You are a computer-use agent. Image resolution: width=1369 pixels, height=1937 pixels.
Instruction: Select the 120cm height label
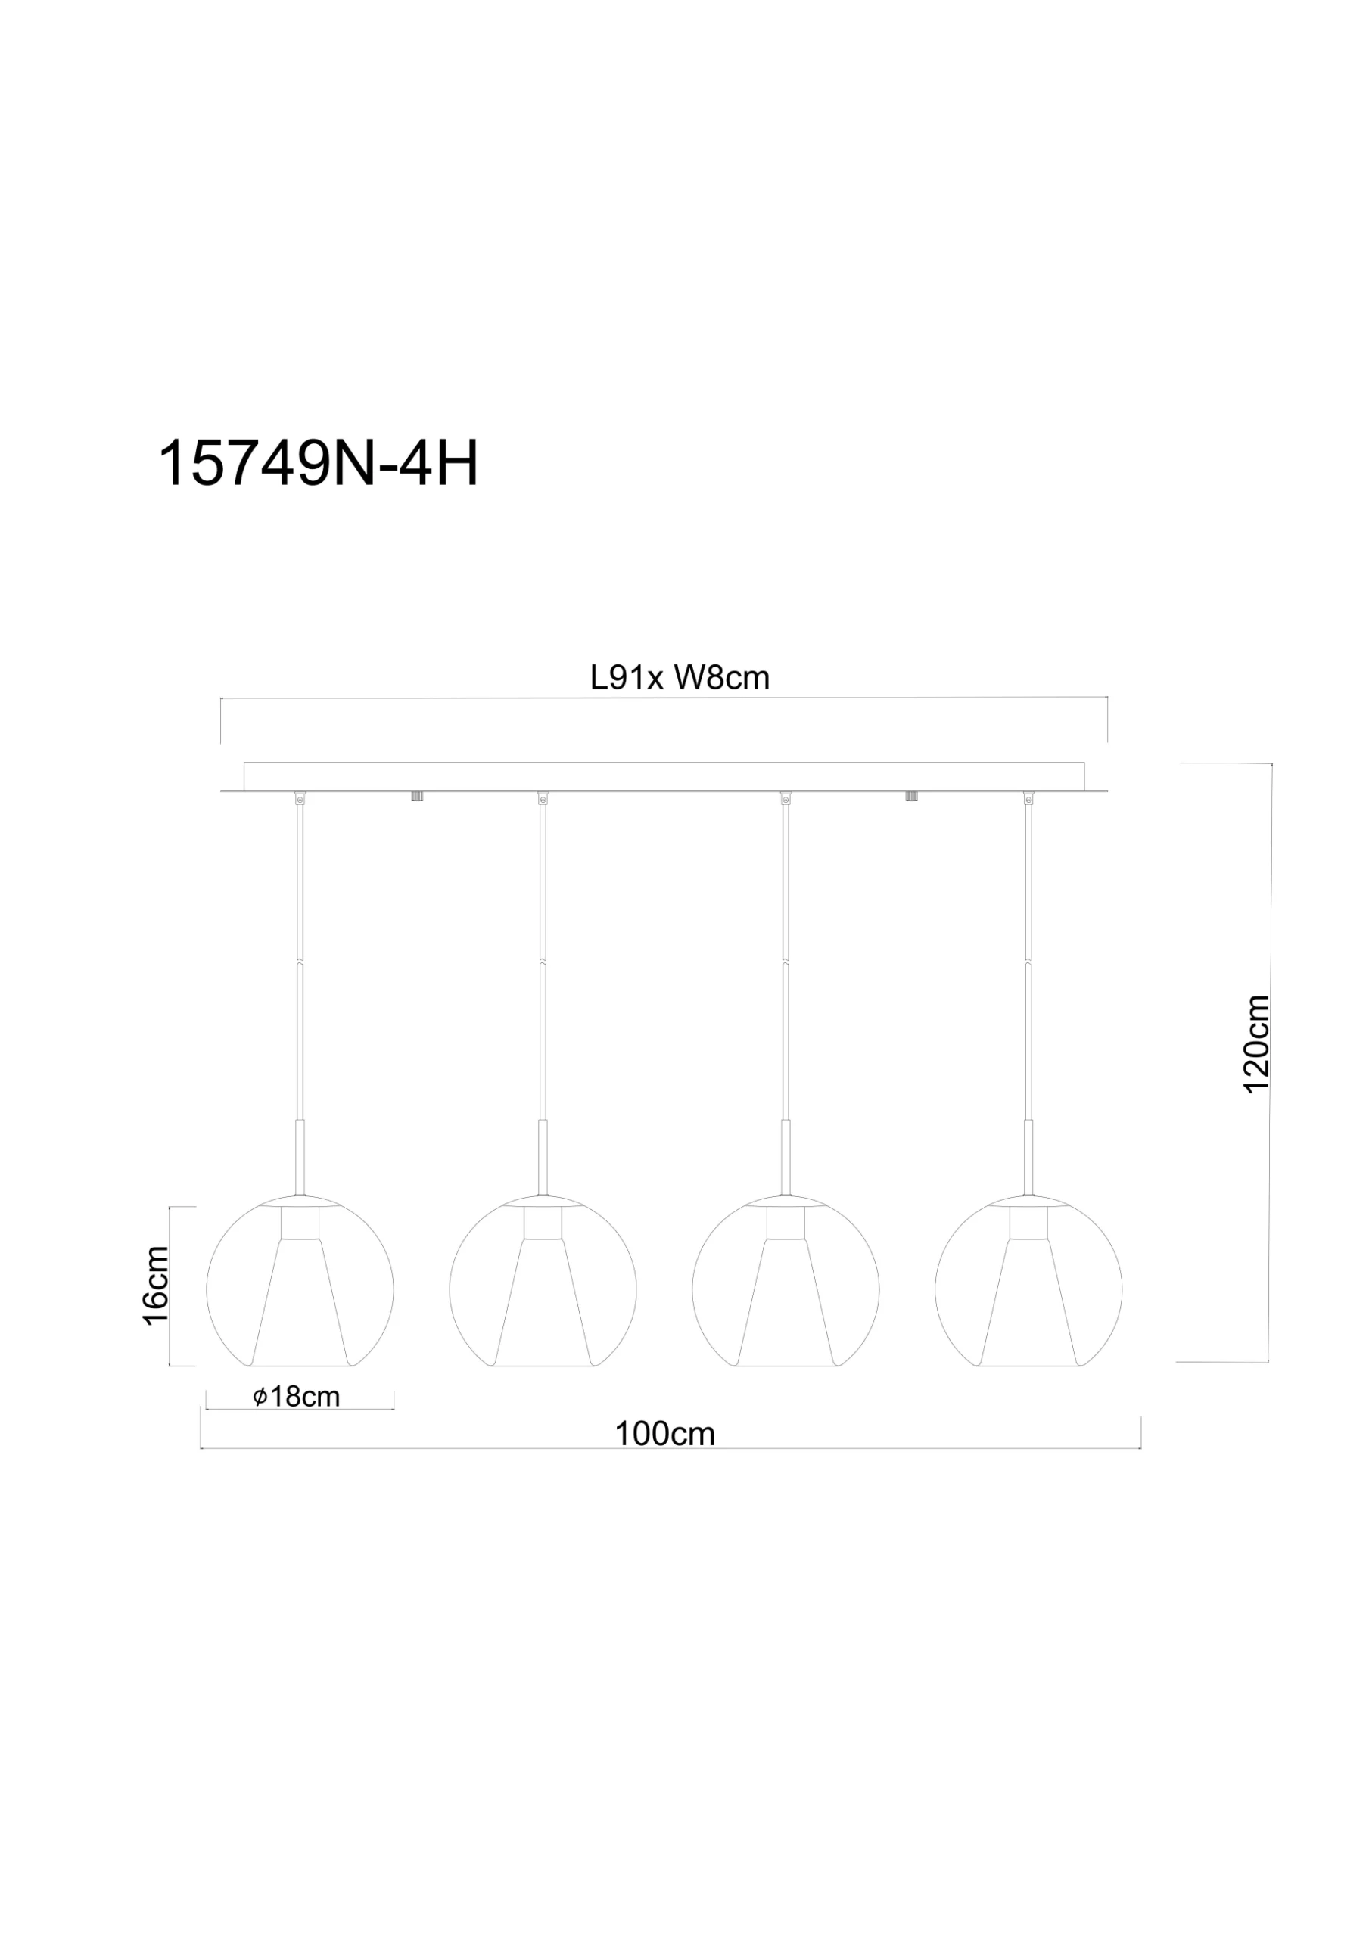pyautogui.click(x=1257, y=1044)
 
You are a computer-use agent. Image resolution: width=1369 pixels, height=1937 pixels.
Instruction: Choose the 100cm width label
pyautogui.click(x=665, y=1434)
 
